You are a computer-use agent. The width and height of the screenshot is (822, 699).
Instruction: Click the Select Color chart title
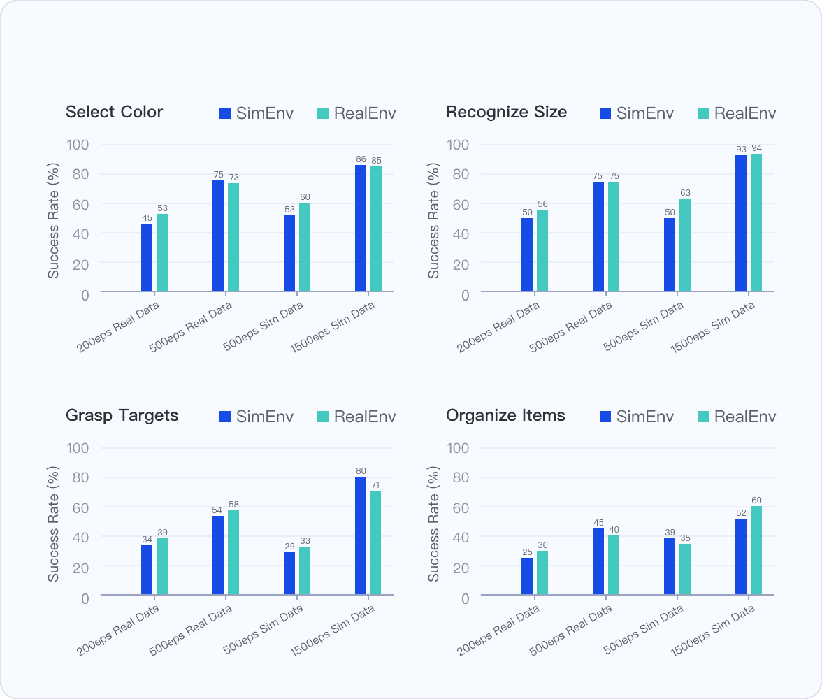[x=114, y=112]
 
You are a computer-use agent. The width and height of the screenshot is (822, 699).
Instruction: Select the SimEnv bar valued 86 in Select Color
[x=361, y=228]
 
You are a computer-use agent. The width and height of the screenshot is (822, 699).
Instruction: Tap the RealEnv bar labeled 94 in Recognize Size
[x=756, y=222]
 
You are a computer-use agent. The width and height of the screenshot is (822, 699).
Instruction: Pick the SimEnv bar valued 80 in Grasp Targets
[x=361, y=535]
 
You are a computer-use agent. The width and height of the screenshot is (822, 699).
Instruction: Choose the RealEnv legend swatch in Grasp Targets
[x=323, y=417]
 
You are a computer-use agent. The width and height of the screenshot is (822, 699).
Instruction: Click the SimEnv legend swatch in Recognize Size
[x=605, y=113]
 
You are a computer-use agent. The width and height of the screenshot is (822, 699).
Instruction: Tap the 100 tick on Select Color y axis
[x=78, y=145]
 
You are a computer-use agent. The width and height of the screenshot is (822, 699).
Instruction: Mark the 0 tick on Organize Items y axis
[x=465, y=598]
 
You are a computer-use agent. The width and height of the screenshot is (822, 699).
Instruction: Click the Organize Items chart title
[x=505, y=415]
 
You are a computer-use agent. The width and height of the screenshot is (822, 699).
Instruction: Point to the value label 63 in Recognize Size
[x=685, y=192]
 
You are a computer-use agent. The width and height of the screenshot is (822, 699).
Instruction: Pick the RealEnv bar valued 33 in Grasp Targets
[x=305, y=570]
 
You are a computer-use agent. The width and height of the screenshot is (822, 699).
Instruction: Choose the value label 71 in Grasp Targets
[x=376, y=484]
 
